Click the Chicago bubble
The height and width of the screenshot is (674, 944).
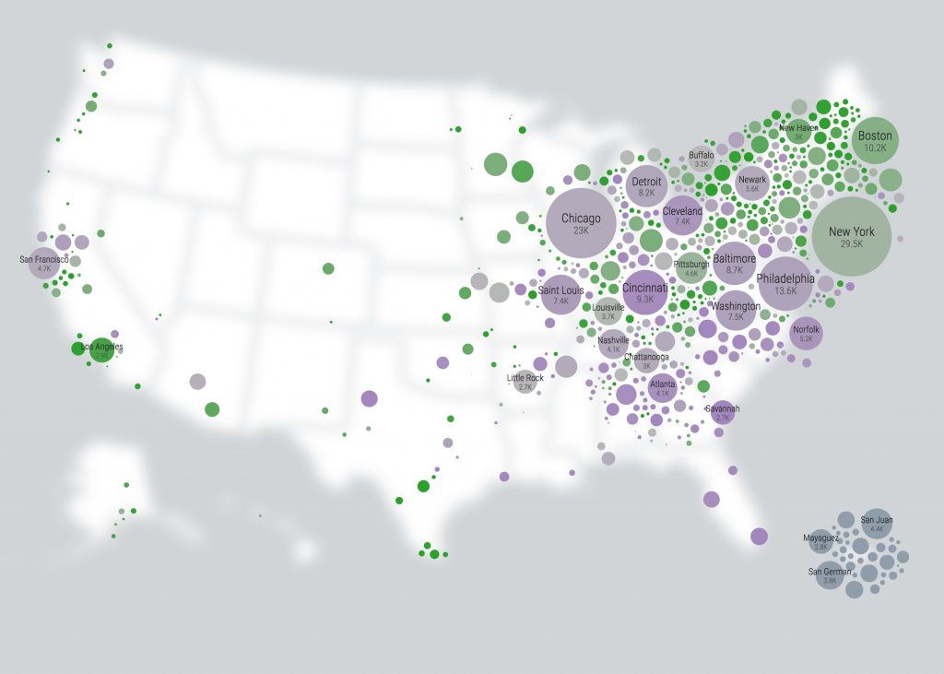coord(581,223)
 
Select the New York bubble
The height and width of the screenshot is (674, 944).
coord(851,237)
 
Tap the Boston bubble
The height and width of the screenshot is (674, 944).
coord(875,141)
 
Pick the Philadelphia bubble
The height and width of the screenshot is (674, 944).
coord(785,283)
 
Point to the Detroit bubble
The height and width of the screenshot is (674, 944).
coord(646,186)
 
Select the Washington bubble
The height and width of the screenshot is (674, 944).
coord(735,311)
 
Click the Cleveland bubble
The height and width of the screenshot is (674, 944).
coord(682,216)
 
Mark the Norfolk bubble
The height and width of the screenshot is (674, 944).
coord(806,333)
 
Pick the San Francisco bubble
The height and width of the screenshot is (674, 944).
coord(43,264)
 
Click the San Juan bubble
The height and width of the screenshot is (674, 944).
coord(877,524)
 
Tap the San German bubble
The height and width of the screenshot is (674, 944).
coord(829,575)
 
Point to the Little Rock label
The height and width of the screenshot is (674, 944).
coord(525,377)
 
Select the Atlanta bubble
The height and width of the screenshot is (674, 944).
coord(662,388)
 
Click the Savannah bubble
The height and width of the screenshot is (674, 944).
coord(723,412)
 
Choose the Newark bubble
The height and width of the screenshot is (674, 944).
coord(752,183)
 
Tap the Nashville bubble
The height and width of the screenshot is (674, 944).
coord(613,344)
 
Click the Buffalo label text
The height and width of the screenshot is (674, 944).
coord(701,155)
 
